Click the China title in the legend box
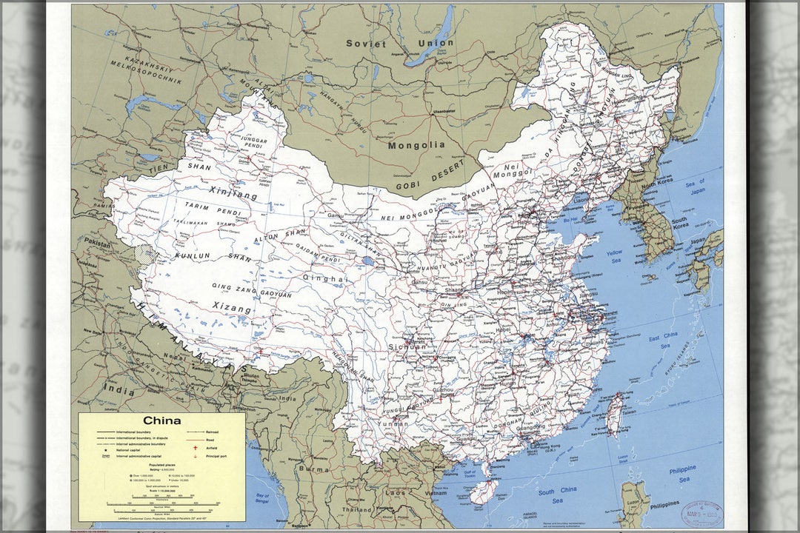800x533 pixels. click(x=162, y=420)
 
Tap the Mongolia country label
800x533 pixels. click(x=417, y=145)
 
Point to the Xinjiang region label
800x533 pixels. click(x=233, y=194)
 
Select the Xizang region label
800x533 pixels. click(x=232, y=306)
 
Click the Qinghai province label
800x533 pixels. click(x=324, y=278)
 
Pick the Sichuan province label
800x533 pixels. click(x=407, y=346)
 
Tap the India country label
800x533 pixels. click(x=119, y=388)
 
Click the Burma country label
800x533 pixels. click(x=313, y=469)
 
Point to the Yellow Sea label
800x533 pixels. click(x=615, y=257)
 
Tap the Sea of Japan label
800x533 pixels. click(x=694, y=186)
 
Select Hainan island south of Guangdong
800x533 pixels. click(x=484, y=490)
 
